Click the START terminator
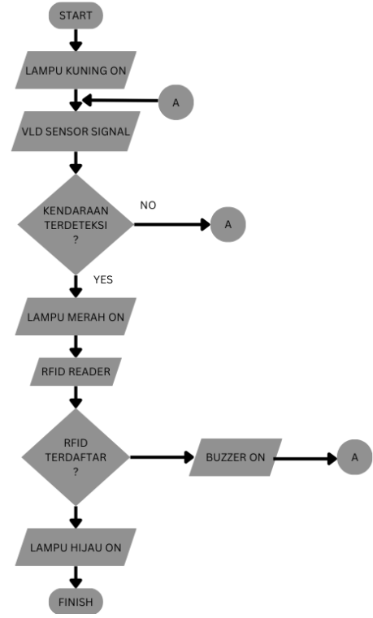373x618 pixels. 76,15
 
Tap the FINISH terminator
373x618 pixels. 76,602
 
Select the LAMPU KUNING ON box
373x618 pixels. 76,70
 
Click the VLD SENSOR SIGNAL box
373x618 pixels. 76,132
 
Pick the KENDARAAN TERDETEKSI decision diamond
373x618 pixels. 76,224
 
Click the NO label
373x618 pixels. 148,205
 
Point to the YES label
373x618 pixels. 103,279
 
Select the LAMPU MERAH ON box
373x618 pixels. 76,317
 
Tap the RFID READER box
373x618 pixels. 76,371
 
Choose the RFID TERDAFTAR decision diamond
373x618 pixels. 76,457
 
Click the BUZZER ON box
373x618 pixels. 236,457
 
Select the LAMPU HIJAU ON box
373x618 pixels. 76,547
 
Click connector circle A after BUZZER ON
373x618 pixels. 354,457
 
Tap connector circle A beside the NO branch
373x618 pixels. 228,224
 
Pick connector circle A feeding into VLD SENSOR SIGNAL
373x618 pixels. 176,102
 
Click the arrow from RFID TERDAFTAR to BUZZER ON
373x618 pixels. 162,457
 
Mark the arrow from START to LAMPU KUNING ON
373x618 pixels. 76,41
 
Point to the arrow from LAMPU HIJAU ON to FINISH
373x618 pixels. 76,577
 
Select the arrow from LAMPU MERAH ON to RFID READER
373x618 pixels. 76,347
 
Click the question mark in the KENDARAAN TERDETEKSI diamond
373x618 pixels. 76,240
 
